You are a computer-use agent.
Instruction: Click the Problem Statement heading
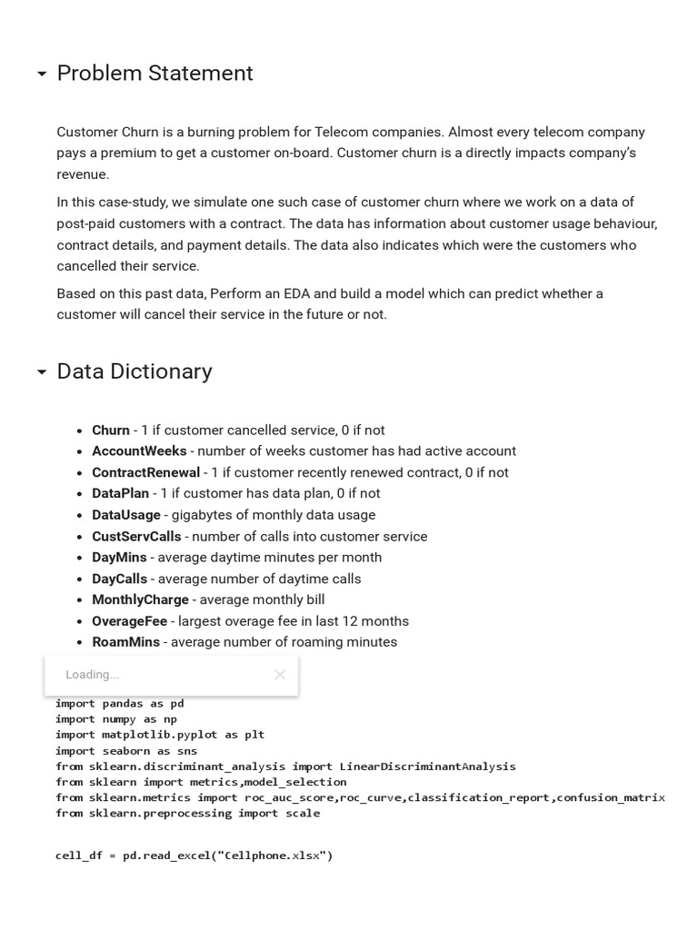pos(155,74)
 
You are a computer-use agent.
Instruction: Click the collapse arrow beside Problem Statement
pos(42,74)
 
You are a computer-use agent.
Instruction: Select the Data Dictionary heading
pos(135,371)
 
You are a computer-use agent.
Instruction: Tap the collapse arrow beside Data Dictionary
pos(42,372)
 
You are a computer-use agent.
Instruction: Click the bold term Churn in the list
pos(111,430)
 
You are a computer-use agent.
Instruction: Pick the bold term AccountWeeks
pos(139,451)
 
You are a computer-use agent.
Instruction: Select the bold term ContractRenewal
pos(145,473)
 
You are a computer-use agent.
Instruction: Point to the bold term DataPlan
pos(120,494)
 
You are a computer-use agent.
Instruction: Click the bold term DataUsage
pos(126,515)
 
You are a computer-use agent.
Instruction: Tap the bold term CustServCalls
pos(136,537)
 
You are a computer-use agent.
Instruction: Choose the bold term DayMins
pos(119,558)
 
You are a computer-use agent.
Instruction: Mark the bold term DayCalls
pos(119,579)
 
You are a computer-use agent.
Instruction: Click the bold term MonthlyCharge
pos(140,600)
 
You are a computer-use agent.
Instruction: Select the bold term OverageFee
pos(129,621)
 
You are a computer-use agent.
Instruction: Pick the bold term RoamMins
pos(125,642)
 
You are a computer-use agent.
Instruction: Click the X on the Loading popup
pos(280,675)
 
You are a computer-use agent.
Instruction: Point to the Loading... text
pos(92,675)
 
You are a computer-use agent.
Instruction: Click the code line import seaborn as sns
pos(125,751)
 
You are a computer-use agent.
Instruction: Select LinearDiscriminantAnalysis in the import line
pos(427,767)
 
